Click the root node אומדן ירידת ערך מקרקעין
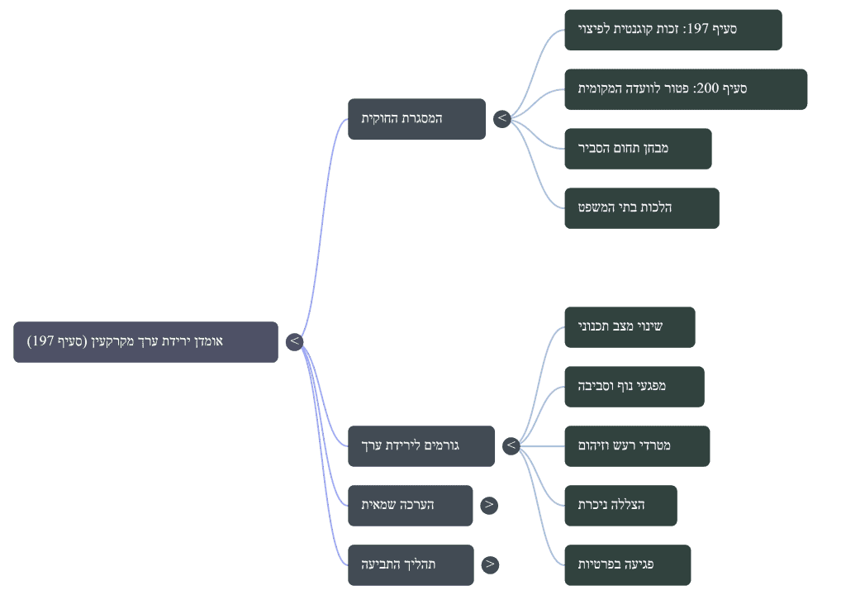(x=145, y=342)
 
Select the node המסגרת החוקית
(x=416, y=119)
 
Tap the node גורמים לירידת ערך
(x=421, y=446)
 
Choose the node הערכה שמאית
(x=410, y=506)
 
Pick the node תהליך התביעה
(x=411, y=564)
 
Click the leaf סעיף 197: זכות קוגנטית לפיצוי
(x=673, y=30)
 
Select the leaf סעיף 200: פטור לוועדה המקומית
(x=686, y=89)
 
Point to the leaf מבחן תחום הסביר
(x=639, y=149)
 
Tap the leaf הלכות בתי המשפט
(x=642, y=208)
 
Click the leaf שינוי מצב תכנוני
(x=630, y=327)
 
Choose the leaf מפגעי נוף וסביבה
(x=634, y=387)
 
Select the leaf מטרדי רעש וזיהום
(x=637, y=446)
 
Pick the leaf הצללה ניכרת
(x=621, y=506)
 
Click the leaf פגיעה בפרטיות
(x=628, y=564)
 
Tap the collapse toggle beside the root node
(x=295, y=341)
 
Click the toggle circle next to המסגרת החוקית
(x=502, y=118)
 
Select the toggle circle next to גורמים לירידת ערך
(x=511, y=446)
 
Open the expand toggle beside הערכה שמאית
(x=489, y=506)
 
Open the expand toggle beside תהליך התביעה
(x=490, y=564)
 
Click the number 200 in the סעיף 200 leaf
(x=708, y=88)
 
